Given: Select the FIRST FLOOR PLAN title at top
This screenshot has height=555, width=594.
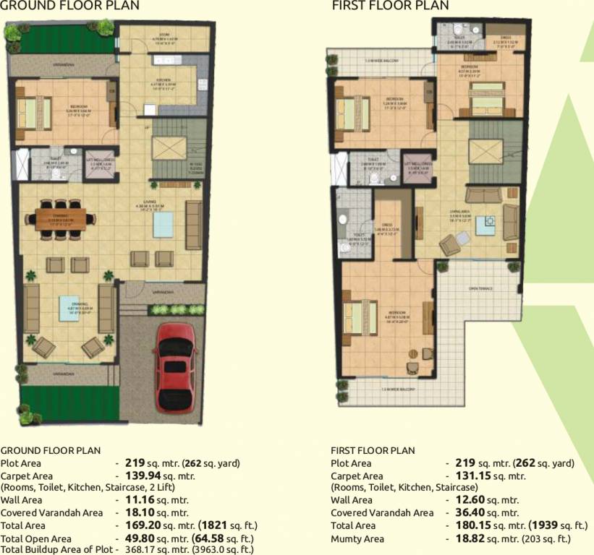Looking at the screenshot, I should [390, 6].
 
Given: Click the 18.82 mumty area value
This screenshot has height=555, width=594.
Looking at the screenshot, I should [473, 538].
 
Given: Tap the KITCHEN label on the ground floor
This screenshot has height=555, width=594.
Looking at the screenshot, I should [159, 80].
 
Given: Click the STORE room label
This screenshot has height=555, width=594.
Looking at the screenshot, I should [164, 33].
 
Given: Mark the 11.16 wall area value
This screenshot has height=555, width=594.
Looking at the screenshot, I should [142, 499].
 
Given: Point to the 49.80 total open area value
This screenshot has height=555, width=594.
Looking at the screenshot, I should [142, 538].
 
